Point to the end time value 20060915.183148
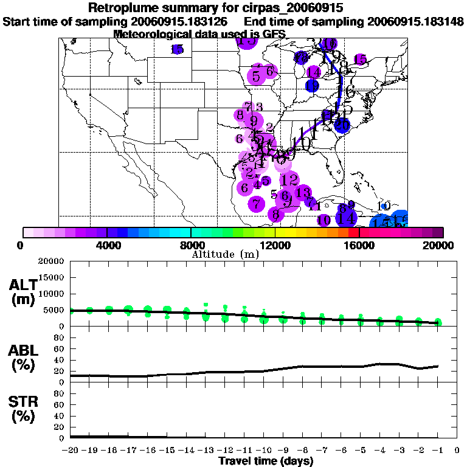415,21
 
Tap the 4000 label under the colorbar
106,246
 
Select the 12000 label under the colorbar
275,246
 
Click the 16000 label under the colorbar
360,246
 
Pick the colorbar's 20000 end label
442,246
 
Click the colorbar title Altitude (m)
225,254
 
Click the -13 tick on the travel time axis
206,450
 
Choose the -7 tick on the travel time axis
321,450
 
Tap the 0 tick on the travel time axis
457,450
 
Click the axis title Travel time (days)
266,461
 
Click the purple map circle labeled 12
289,179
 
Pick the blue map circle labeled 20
342,126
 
